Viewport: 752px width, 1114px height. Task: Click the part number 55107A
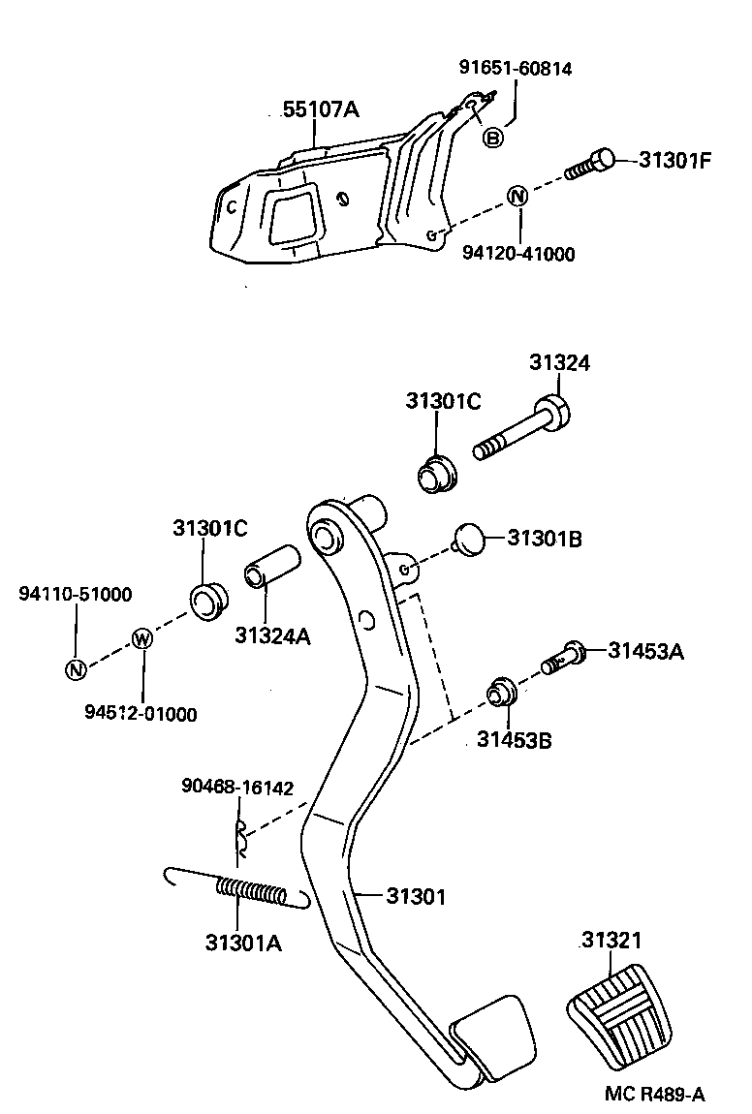click(x=321, y=109)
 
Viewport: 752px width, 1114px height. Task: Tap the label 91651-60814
click(x=516, y=68)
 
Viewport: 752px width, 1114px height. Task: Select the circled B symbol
click(x=492, y=138)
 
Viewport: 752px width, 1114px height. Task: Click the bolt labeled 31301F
click(x=589, y=164)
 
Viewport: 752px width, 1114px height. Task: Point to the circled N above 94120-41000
click(x=518, y=196)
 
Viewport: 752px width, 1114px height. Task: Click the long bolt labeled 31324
click(x=521, y=429)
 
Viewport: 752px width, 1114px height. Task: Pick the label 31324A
click(x=273, y=635)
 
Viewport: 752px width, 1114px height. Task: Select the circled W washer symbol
click(x=142, y=638)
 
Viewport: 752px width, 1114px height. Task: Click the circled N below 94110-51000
click(x=76, y=668)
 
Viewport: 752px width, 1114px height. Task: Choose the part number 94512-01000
click(x=141, y=713)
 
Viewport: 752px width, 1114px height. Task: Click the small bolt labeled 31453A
click(x=564, y=657)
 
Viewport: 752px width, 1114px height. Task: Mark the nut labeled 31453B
click(x=501, y=692)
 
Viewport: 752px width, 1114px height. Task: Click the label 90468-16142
click(x=237, y=788)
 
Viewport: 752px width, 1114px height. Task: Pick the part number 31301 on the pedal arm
click(x=416, y=897)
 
